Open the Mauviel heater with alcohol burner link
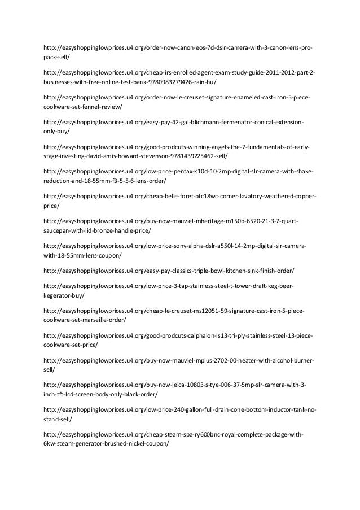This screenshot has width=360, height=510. pos(178,360)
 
